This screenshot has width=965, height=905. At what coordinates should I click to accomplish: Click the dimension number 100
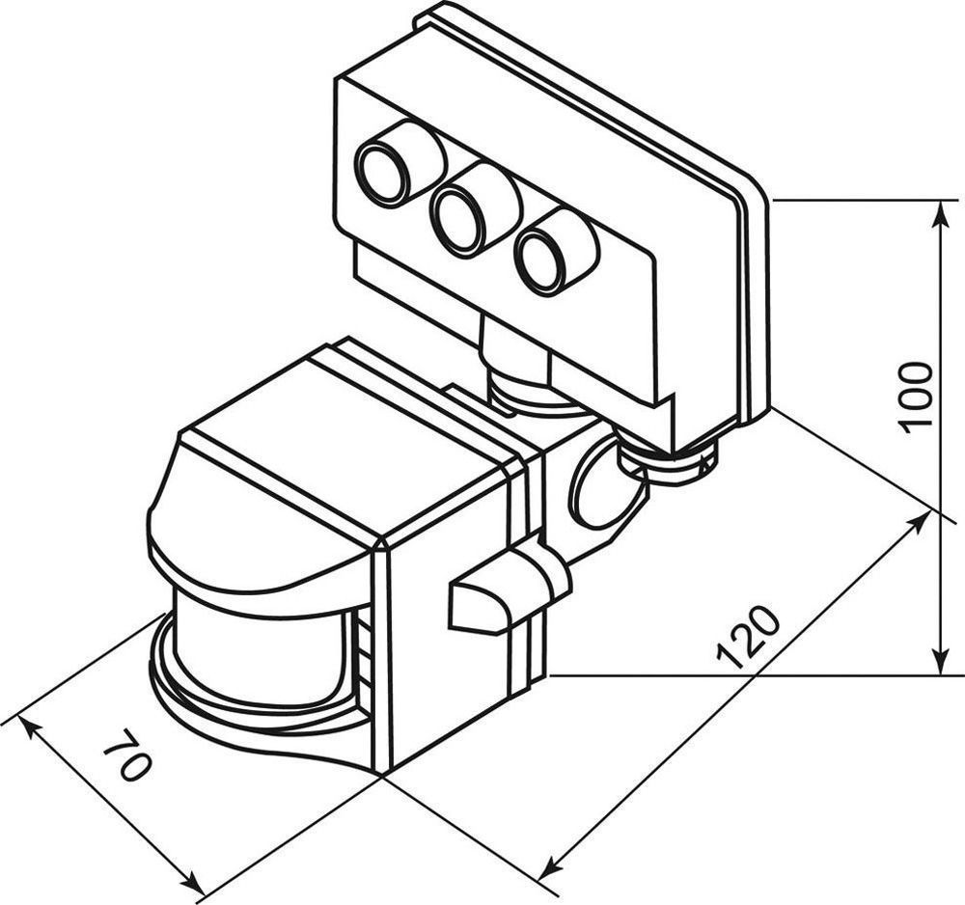[x=915, y=397]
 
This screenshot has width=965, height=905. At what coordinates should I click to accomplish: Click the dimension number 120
[x=748, y=637]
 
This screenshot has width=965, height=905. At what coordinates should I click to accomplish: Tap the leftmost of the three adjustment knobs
[x=386, y=173]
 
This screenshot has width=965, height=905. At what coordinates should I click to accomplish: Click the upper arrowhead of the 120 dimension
[x=922, y=520]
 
